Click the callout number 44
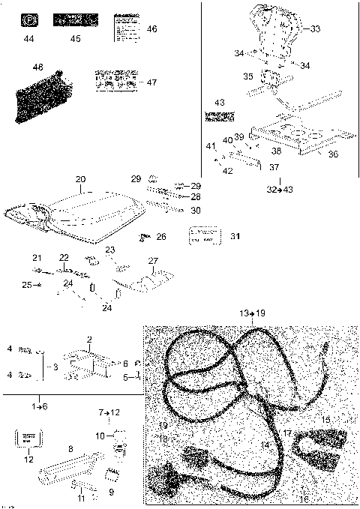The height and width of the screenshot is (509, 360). (28, 37)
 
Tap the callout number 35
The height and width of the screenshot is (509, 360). (247, 76)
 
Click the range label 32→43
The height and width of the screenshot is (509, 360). (279, 189)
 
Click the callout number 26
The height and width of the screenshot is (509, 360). (161, 237)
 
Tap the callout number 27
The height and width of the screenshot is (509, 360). (153, 262)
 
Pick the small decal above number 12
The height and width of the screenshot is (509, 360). (28, 438)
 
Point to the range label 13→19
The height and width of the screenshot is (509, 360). (252, 312)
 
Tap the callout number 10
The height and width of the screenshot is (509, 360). (100, 436)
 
